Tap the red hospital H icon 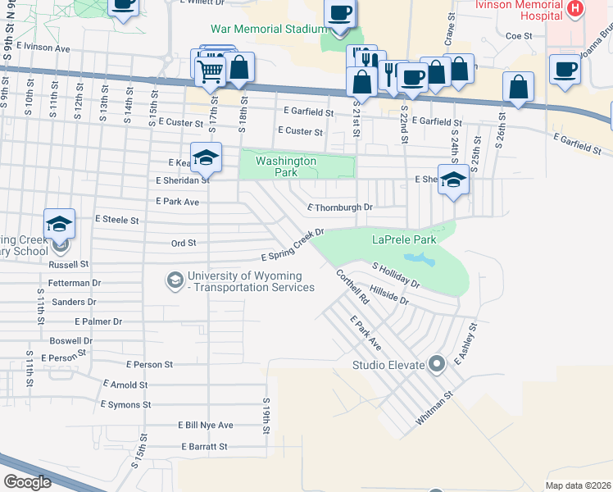575,9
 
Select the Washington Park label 285,166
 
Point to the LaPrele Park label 404,240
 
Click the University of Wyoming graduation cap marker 174,281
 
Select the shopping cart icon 210,73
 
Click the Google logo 27,481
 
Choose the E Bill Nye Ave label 205,425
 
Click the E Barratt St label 204,447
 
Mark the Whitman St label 434,408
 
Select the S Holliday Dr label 396,276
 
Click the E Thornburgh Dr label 339,207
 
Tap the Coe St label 519,36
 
